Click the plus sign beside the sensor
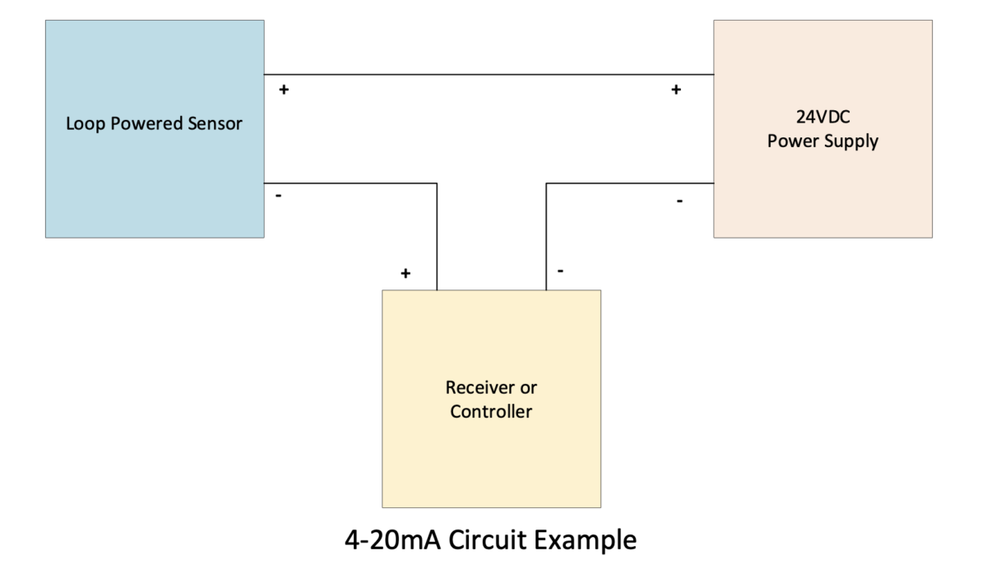pyautogui.click(x=284, y=90)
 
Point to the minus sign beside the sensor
pyautogui.click(x=279, y=197)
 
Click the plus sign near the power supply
pyautogui.click(x=676, y=90)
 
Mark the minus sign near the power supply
pyautogui.click(x=679, y=201)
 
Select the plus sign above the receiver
pyautogui.click(x=405, y=273)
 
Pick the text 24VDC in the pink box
pyautogui.click(x=822, y=117)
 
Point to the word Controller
pyautogui.click(x=491, y=411)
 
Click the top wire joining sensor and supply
pyautogui.click(x=489, y=75)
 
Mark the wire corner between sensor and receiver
pyautogui.click(x=437, y=183)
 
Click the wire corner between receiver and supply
pyautogui.click(x=546, y=183)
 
